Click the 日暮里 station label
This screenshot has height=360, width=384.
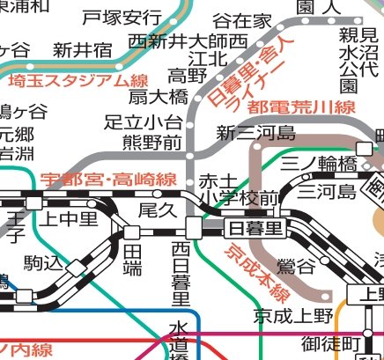(255, 228)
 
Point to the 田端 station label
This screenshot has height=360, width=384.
(132, 261)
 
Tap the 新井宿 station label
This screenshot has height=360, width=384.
(84, 48)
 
